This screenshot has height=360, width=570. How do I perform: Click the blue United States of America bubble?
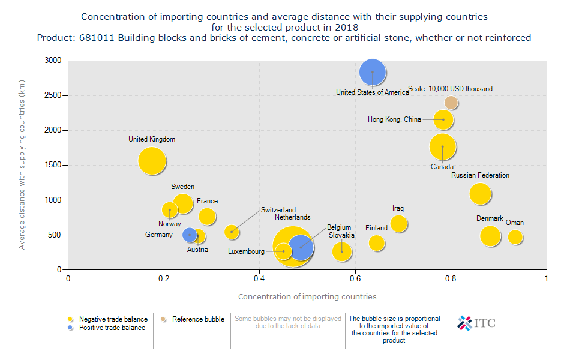point(373,72)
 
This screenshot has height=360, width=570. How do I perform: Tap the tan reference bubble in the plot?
point(451,103)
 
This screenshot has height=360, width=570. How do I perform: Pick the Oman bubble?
point(515,237)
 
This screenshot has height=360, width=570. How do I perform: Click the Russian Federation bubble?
point(480,193)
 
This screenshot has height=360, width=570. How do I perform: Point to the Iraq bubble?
point(398,224)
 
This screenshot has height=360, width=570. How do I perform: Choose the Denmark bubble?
point(490,236)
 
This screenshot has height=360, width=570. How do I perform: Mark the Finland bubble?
point(377,243)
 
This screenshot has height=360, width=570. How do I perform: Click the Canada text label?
point(442,167)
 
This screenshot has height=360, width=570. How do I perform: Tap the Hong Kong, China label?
point(394,120)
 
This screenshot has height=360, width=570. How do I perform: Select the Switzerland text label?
point(278,210)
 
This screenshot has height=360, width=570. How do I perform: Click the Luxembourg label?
point(246,252)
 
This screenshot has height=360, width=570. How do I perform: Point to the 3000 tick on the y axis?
point(52,61)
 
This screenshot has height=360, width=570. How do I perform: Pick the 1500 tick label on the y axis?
point(52,165)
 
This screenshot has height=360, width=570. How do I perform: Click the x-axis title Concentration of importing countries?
point(307,296)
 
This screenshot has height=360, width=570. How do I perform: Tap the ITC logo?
point(476,323)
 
